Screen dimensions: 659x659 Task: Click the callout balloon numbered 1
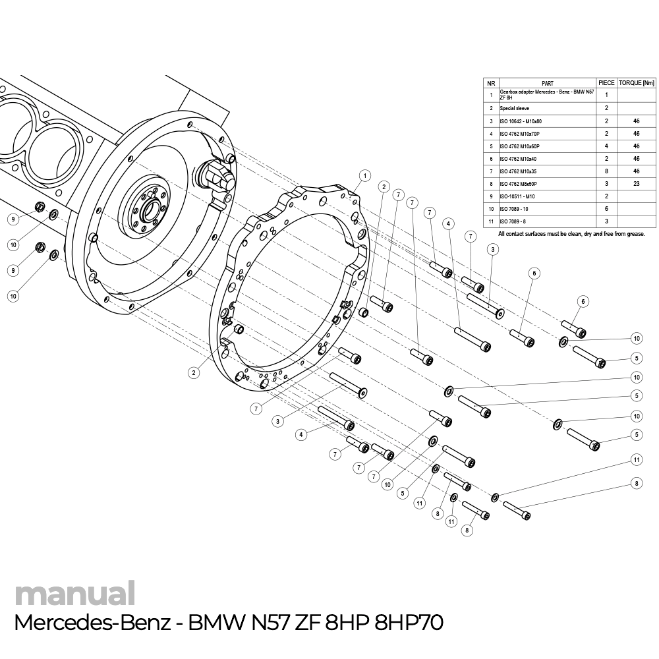364,175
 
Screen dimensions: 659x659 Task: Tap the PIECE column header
606,83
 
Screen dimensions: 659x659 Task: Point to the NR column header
491,83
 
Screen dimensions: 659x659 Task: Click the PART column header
547,83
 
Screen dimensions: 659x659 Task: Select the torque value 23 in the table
635,184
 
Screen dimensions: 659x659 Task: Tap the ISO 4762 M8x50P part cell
519,184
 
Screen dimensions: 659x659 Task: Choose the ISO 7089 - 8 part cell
514,221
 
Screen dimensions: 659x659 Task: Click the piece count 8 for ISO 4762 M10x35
606,171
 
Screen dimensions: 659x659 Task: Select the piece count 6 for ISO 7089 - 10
606,209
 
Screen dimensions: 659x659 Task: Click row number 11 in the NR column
491,221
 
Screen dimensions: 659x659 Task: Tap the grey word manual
74,593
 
